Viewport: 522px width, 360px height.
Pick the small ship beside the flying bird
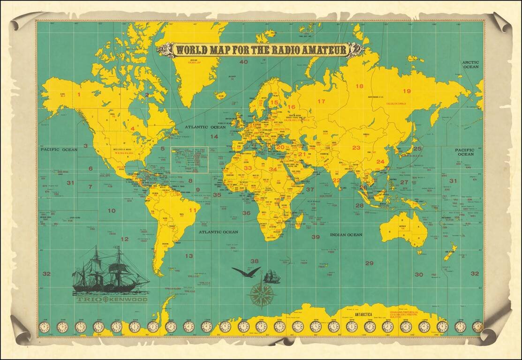coord(272,277)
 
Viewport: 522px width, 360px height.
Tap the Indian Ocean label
coord(346,234)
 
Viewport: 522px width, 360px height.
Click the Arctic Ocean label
coord(470,64)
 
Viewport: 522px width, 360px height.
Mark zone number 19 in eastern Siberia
coord(407,91)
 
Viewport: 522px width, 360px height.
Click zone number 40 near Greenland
coord(243,61)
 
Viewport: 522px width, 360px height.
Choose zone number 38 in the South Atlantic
coord(255,261)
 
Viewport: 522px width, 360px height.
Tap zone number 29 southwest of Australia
coord(370,263)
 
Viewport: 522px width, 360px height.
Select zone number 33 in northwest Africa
coord(248,168)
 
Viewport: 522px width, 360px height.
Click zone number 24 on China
coord(380,162)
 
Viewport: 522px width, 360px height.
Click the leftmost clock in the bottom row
coord(44,327)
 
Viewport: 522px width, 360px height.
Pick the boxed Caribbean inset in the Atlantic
coord(189,159)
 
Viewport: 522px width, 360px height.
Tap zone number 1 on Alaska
coord(79,94)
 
